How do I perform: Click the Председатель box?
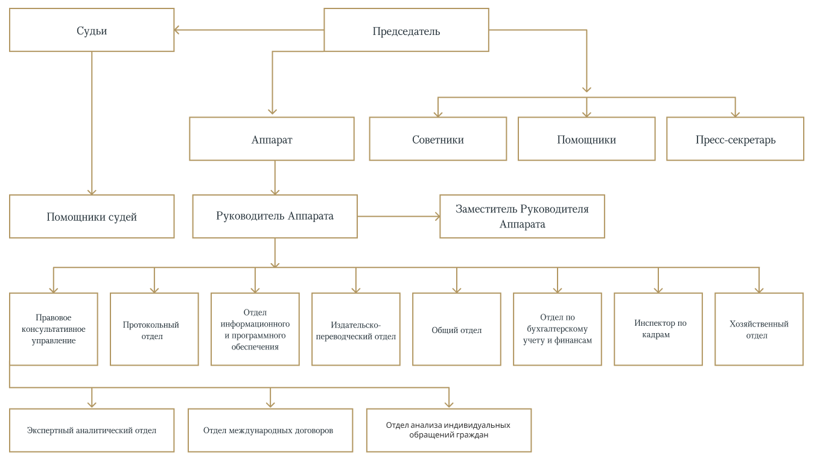point(406,30)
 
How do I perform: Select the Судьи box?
point(92,30)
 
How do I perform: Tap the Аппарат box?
point(272,139)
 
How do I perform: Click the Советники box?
point(438,139)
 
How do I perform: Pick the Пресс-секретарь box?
point(735,139)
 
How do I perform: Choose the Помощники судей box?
point(92,217)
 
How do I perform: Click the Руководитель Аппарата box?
point(275,217)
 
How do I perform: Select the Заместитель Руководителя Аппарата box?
point(522,217)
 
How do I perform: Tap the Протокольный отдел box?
point(154,329)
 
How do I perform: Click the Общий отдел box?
point(457,329)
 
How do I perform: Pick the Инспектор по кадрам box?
point(658,329)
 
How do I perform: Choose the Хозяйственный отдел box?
point(759,329)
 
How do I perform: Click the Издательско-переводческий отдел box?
point(356,329)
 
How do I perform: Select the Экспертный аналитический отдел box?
point(92,430)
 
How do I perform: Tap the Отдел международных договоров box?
point(270,430)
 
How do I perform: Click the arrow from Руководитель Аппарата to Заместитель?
point(399,217)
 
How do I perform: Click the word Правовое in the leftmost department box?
point(54,317)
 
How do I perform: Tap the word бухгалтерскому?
point(557,329)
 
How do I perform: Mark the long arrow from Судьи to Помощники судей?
point(92,123)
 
